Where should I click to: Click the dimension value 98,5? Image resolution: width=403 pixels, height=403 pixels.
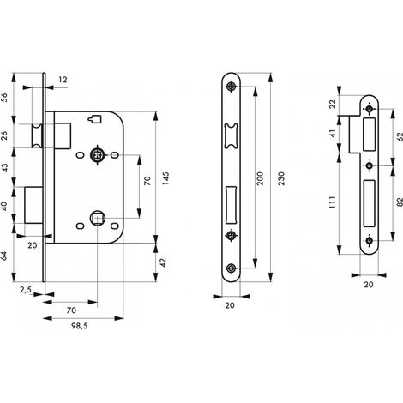(x=80, y=326)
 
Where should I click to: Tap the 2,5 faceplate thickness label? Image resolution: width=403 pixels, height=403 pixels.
(x=26, y=290)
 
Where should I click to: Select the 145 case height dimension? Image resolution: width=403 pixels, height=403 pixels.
(x=165, y=178)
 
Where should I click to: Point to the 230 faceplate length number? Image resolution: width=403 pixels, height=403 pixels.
(x=281, y=178)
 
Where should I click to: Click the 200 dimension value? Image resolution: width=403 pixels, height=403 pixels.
(x=260, y=178)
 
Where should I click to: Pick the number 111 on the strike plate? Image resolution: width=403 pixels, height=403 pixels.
(x=332, y=202)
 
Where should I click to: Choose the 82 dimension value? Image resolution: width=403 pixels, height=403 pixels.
(x=400, y=201)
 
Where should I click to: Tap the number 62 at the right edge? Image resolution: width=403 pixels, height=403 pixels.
(x=400, y=137)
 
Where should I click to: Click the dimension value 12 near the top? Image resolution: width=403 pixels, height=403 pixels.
(x=63, y=80)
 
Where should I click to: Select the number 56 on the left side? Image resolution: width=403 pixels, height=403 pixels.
(x=4, y=98)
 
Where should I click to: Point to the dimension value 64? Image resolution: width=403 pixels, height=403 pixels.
(x=4, y=256)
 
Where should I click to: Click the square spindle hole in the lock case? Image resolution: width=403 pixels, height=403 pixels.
(x=97, y=219)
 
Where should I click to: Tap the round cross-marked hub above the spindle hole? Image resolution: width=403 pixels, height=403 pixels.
(x=97, y=155)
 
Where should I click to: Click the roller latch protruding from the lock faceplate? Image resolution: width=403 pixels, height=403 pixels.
(x=37, y=136)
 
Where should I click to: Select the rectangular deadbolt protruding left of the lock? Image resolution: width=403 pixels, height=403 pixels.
(x=33, y=205)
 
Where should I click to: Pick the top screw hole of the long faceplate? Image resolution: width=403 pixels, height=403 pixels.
(x=231, y=87)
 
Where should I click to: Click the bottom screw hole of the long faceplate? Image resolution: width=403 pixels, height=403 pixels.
(x=231, y=268)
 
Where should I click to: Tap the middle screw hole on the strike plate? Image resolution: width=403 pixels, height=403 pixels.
(x=369, y=165)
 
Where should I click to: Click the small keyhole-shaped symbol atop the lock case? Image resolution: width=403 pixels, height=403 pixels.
(x=94, y=119)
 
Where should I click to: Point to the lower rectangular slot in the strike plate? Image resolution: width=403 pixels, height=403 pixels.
(x=369, y=203)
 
